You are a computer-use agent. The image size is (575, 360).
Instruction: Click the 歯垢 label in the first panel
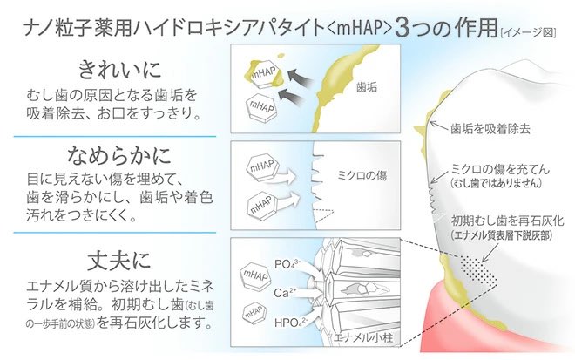[368, 87]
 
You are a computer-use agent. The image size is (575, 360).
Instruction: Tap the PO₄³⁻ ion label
[287, 263]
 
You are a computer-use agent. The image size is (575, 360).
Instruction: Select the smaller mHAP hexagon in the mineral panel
[253, 309]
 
